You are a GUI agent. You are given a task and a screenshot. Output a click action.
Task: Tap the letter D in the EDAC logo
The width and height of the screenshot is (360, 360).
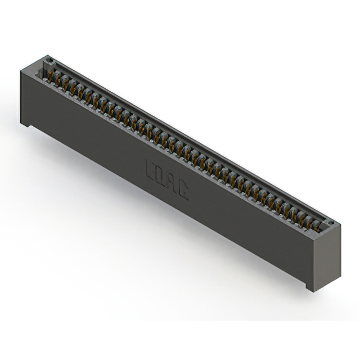[x=161, y=177]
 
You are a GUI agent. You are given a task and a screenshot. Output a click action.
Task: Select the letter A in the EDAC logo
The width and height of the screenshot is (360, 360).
[x=172, y=184]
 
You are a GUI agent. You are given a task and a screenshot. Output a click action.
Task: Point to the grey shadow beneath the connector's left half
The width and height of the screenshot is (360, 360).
[x=84, y=169]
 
